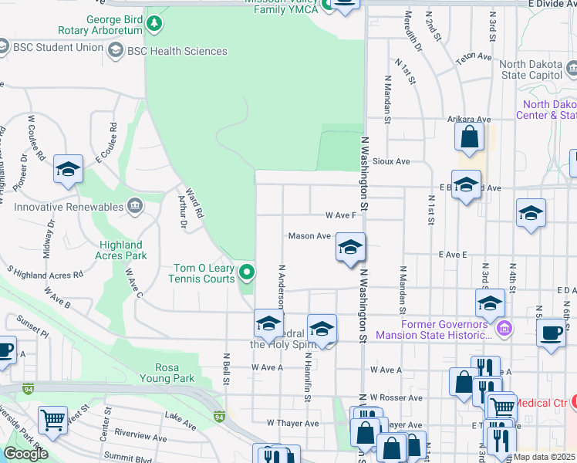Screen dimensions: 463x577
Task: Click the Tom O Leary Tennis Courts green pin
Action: (247, 272)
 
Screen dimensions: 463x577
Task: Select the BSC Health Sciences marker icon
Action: (116, 51)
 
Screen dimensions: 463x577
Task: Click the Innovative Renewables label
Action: (69, 207)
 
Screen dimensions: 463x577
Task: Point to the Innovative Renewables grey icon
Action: (135, 206)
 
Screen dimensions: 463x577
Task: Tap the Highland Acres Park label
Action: (121, 249)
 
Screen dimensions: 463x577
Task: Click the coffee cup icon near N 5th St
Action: (551, 333)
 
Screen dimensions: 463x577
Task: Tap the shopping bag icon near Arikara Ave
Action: (469, 138)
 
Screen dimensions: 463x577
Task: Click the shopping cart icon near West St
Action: (52, 420)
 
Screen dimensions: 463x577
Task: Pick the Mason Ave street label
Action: (309, 236)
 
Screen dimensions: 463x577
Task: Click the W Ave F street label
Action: (340, 215)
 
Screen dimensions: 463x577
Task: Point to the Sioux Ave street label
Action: (391, 162)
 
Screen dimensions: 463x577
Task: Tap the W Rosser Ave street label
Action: (396, 397)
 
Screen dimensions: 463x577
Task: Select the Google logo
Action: (25, 453)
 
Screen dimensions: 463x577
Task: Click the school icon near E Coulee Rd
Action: (68, 169)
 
